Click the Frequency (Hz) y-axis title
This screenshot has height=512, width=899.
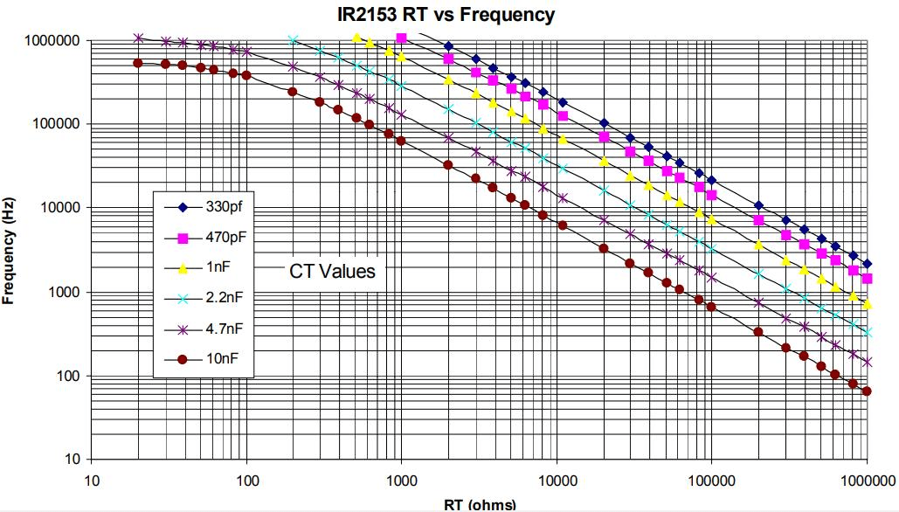click(10, 249)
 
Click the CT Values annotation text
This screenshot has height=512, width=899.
click(332, 272)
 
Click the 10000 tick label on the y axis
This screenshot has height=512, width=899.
click(59, 208)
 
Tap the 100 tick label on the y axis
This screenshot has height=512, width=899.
click(68, 376)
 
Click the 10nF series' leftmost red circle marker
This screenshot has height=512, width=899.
click(137, 63)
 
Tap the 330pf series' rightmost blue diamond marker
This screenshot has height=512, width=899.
click(867, 263)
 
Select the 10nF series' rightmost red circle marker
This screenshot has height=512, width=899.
click(867, 391)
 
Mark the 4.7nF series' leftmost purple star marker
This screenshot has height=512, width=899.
click(138, 38)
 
